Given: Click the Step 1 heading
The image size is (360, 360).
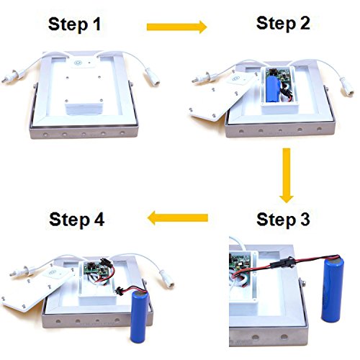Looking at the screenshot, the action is tap(74, 24).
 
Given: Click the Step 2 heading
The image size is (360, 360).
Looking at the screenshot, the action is tap(283, 23).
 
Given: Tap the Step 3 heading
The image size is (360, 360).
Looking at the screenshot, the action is tap(283, 219).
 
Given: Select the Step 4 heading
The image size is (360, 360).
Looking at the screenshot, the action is tap(77, 220).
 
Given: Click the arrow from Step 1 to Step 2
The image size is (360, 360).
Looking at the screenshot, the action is tap(176, 27).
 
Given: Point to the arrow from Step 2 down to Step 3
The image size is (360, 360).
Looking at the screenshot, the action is tap(287, 176).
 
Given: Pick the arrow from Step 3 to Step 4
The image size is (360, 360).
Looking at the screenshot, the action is tap(178, 217).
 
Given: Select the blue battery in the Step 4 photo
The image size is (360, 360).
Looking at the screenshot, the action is tap(140, 318).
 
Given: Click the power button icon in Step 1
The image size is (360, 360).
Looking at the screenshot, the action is tap(78, 63).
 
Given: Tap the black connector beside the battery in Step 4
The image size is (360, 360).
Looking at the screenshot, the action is tap(119, 291).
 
